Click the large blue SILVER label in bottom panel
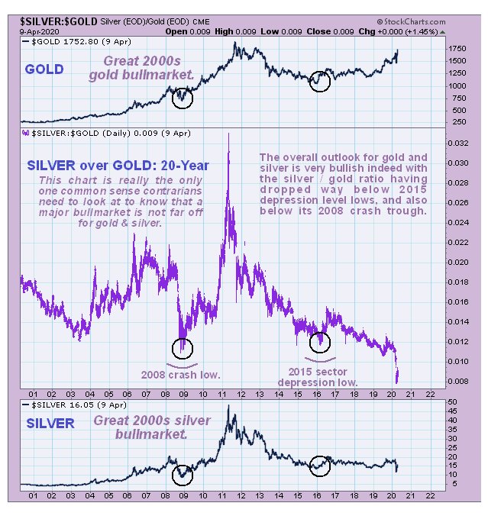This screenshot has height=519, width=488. click(x=50, y=423)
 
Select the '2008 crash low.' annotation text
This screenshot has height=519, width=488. click(x=182, y=374)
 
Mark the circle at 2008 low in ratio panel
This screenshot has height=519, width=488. click(x=183, y=348)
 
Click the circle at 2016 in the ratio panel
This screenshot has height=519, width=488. click(x=319, y=343)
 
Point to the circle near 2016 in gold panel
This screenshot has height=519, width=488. click(x=321, y=82)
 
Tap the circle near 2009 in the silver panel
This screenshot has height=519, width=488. click(x=183, y=474)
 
